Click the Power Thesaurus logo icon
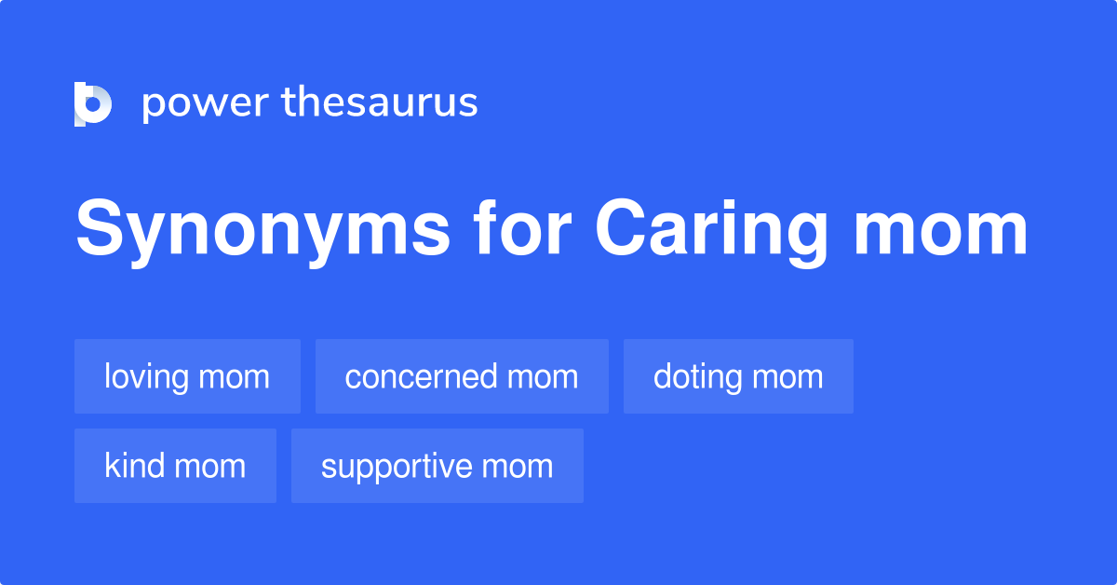[92, 103]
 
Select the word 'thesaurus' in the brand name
[380, 102]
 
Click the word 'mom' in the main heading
[940, 230]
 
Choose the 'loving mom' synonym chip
[187, 376]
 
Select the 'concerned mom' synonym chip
[462, 376]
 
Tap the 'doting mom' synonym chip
[738, 376]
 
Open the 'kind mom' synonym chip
[175, 466]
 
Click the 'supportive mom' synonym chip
[437, 466]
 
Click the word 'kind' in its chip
[135, 466]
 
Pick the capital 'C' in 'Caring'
[619, 229]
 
